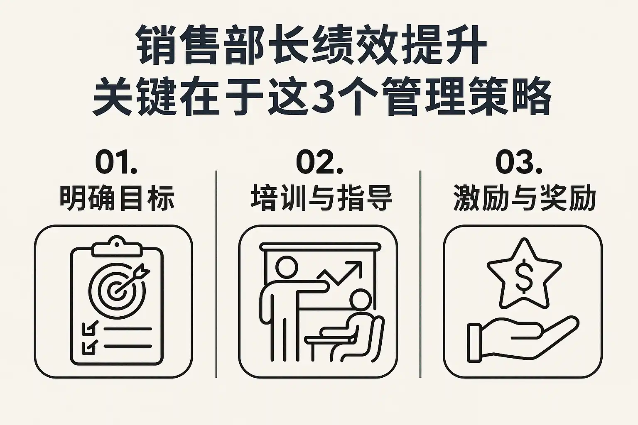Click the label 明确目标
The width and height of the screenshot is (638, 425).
pyautogui.click(x=117, y=198)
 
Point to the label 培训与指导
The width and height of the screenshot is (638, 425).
pyautogui.click(x=321, y=198)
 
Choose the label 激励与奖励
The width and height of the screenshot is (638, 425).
pyautogui.click(x=524, y=198)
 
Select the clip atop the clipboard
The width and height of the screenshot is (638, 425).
pyautogui.click(x=117, y=247)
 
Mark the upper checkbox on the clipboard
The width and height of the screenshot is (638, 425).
pyautogui.click(x=89, y=328)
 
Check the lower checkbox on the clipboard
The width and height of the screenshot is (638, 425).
pyautogui.click(x=89, y=347)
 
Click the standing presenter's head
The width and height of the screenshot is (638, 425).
pyautogui.click(x=287, y=266)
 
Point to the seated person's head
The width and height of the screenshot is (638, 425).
pyautogui.click(x=360, y=300)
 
